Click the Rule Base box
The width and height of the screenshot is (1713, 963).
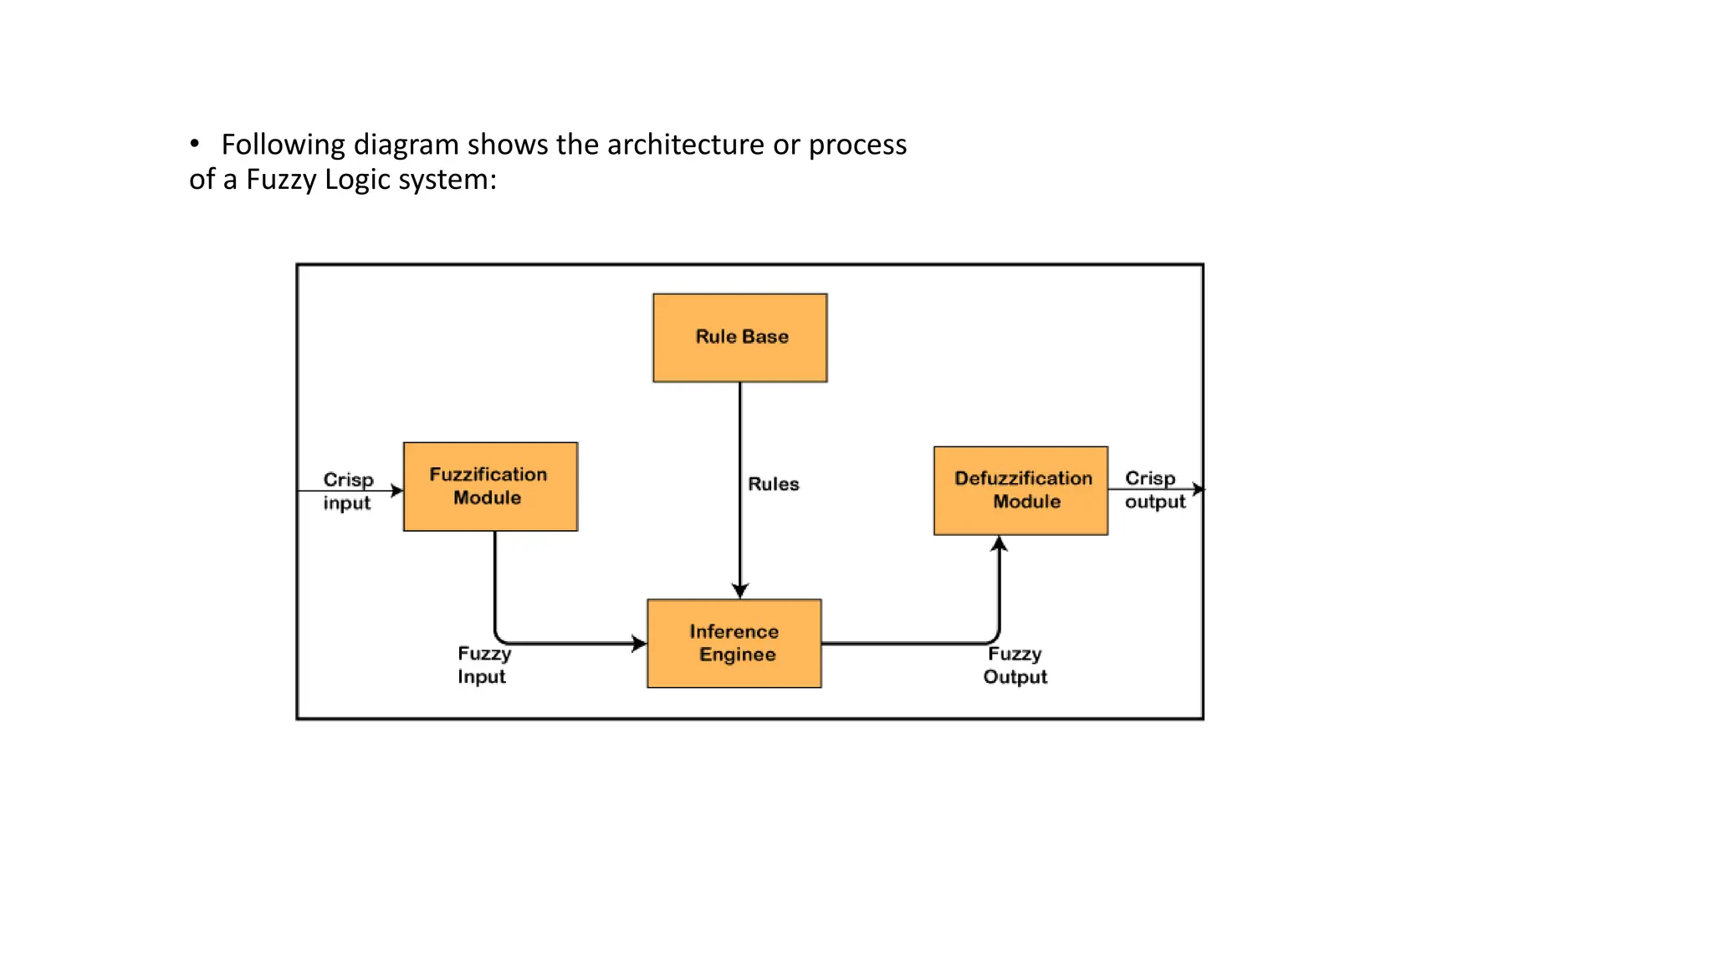[740, 338]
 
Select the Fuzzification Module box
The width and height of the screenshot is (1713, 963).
[490, 487]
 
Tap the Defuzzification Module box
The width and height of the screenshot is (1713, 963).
[1020, 491]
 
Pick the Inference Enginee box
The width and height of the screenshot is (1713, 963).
[734, 644]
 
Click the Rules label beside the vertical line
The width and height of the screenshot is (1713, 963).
[773, 484]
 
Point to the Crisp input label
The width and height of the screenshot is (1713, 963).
[347, 492]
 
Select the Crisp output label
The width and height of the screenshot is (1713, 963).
[1154, 490]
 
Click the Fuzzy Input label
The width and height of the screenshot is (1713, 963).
[483, 665]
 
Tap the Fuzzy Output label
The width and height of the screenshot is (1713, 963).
[1015, 665]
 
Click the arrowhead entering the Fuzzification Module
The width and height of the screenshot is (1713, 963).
[397, 491]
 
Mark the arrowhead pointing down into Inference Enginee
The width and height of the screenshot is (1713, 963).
[740, 591]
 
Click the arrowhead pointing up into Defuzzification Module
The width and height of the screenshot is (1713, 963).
[999, 544]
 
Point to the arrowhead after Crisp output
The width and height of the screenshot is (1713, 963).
[1199, 489]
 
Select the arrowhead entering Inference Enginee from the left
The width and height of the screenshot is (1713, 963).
[639, 644]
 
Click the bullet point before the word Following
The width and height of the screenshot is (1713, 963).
[195, 145]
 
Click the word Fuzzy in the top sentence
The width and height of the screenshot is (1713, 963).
[281, 180]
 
